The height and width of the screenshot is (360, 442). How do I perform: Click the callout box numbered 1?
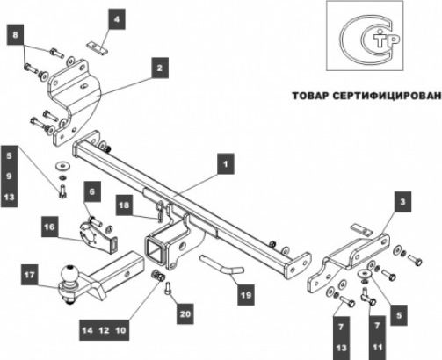226,162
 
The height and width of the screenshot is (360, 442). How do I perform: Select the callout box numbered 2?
159,66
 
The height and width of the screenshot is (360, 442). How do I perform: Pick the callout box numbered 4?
117,17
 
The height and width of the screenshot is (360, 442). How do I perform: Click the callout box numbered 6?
92,190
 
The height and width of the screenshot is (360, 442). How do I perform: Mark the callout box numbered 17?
30,275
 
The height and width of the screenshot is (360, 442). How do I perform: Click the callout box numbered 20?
184,312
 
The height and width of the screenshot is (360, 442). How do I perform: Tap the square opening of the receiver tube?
158,249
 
